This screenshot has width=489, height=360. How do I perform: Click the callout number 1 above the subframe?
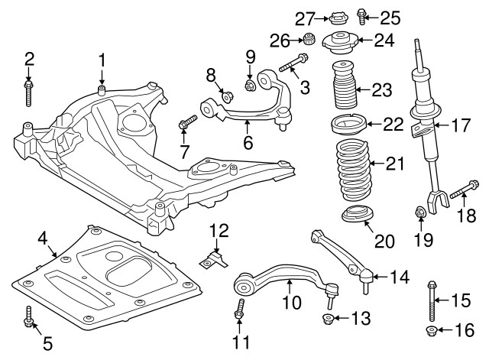(102, 60)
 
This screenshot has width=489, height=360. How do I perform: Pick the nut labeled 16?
(430, 330)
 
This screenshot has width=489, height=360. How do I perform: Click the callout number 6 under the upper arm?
(248, 142)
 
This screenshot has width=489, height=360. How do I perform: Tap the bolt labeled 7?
(187, 122)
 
